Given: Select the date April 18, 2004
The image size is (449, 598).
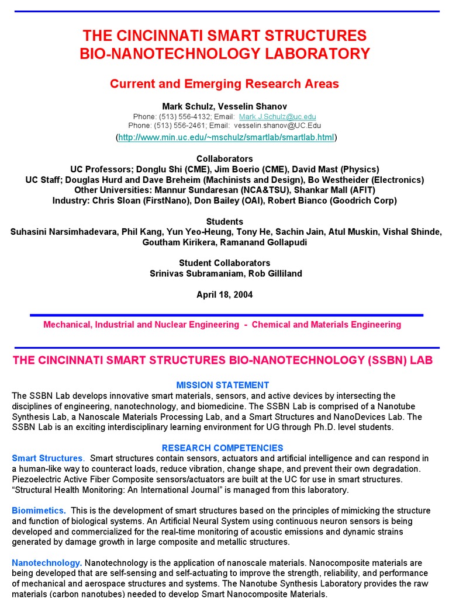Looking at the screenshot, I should tap(224, 295).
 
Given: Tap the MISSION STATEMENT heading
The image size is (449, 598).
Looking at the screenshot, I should tap(223, 385).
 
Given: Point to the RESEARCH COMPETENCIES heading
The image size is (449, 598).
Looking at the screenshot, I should tap(222, 448).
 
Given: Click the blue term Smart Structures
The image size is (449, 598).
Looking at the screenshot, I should tap(47, 458).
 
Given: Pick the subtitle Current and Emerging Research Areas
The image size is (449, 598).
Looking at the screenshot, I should tap(224, 84).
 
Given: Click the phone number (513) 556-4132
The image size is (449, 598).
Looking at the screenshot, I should tap(178, 117).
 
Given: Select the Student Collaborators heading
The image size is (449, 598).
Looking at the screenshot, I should tap(224, 263).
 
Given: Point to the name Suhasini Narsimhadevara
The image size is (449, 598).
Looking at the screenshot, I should tap(64, 232).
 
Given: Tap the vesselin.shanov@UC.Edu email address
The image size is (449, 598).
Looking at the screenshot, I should tap(276, 126).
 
